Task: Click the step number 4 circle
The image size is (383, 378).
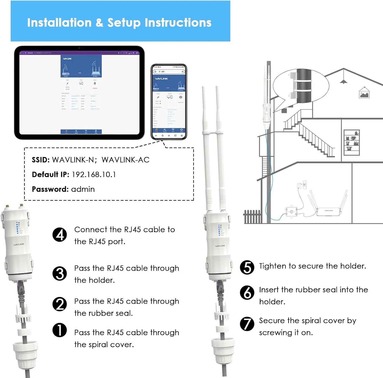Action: click(59, 235)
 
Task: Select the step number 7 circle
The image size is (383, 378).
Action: click(247, 324)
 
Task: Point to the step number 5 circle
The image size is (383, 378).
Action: click(247, 267)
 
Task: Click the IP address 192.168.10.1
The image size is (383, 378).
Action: click(94, 175)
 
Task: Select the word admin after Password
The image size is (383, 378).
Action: click(83, 189)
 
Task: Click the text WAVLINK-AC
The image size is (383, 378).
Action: click(125, 160)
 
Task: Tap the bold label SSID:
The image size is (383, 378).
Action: click(41, 160)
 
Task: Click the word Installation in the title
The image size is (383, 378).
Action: click(59, 22)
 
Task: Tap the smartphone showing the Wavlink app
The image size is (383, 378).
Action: click(169, 102)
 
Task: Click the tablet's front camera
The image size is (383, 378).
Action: click(79, 48)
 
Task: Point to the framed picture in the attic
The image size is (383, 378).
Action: click(364, 93)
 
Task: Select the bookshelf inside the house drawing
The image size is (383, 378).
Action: click(352, 143)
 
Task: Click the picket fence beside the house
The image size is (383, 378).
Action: click(252, 217)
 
